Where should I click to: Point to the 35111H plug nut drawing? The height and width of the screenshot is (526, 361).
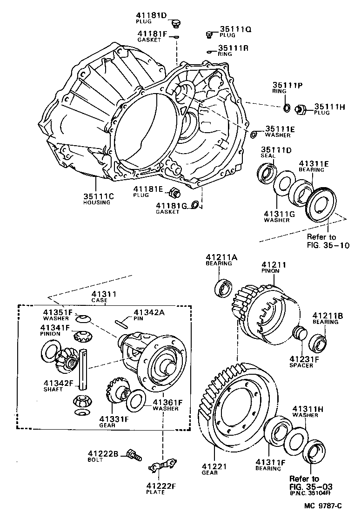[x=301, y=109]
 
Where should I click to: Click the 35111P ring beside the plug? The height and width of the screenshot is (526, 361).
[x=287, y=108]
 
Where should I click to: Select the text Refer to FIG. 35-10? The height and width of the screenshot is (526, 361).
[x=328, y=241]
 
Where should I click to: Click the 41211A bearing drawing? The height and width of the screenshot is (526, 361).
[x=223, y=288]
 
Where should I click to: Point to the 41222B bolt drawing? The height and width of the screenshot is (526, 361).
[x=134, y=455]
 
